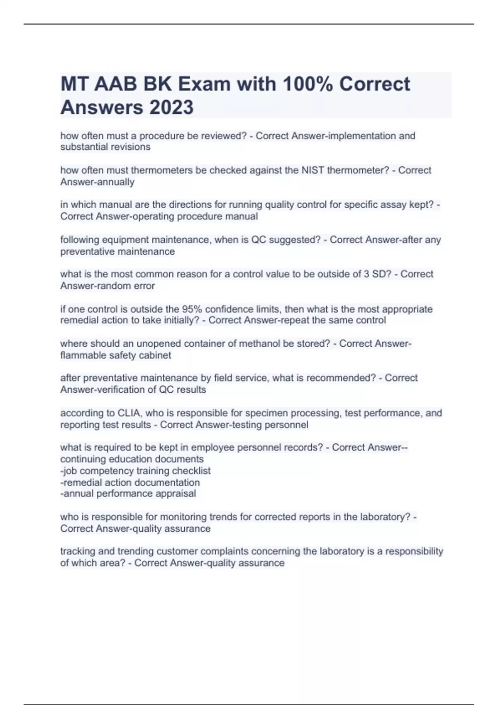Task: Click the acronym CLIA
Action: coord(129,413)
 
